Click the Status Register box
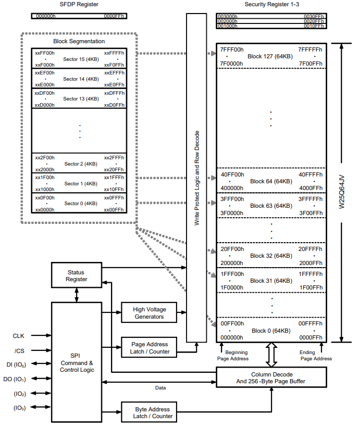click(x=76, y=276)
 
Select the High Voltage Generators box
click(x=149, y=313)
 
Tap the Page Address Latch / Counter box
click(x=149, y=348)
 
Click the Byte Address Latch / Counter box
click(x=148, y=412)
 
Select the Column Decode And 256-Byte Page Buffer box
click(x=271, y=378)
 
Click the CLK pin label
click(x=19, y=336)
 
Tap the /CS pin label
click(x=19, y=350)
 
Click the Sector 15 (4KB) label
click(x=81, y=59)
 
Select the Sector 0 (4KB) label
click(x=81, y=203)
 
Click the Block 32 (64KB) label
click(x=270, y=256)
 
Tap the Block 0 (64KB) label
click(x=270, y=331)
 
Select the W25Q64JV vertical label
click(x=342, y=193)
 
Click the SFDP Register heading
click(x=78, y=5)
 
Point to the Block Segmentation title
click(x=79, y=41)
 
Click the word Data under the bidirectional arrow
click(x=161, y=388)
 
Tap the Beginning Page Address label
click(x=233, y=356)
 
